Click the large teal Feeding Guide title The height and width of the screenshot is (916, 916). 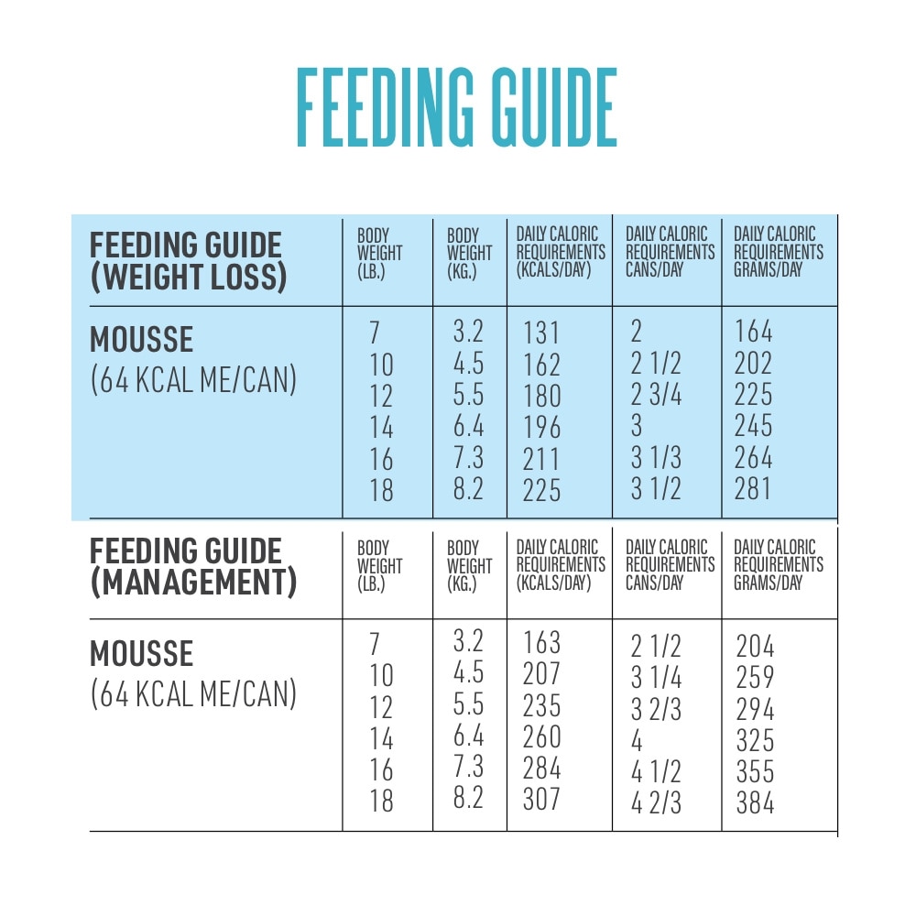tap(456, 107)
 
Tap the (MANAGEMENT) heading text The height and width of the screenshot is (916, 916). tap(193, 583)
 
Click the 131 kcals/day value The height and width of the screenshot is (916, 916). tap(541, 333)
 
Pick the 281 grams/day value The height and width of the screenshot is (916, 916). tap(753, 488)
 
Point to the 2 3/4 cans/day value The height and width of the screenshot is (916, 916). tap(656, 396)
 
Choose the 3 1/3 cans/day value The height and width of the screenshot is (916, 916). tap(656, 458)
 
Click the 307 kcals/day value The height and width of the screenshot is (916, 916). tap(541, 800)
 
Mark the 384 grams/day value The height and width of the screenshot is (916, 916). tap(755, 803)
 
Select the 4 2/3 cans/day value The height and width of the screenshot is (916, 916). tap(656, 803)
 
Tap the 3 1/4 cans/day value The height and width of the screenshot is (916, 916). tap(656, 678)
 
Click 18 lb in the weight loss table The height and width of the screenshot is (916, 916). tap(381, 490)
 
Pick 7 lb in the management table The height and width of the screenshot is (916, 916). tap(374, 644)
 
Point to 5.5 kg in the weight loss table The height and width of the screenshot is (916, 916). tap(468, 396)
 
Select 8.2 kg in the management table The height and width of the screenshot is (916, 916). tap(468, 798)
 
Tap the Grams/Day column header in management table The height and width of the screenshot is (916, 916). tap(779, 565)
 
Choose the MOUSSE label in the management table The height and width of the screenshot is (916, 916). tap(141, 654)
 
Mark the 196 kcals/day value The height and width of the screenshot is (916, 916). tap(541, 427)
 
